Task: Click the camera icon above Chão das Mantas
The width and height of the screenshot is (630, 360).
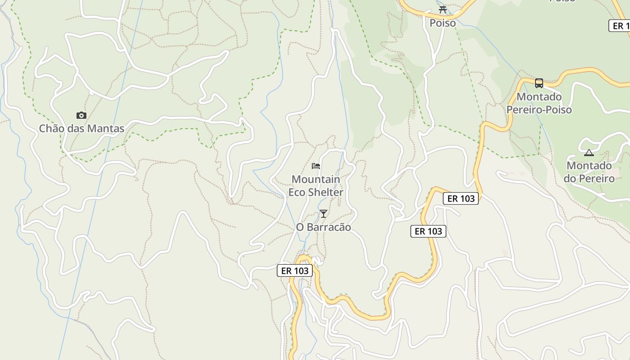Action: (81, 116)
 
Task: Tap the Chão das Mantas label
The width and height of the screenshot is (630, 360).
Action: (81, 129)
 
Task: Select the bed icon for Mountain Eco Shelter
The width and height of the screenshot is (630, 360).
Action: (316, 166)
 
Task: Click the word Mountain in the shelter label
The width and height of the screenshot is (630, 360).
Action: (316, 180)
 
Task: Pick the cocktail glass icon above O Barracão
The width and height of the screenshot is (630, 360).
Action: (324, 214)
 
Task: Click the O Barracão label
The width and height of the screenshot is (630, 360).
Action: (324, 227)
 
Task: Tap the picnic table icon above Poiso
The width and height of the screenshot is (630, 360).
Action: (443, 9)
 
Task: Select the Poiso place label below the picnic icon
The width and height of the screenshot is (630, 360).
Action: (443, 23)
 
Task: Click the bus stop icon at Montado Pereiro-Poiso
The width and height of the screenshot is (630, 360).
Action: (539, 83)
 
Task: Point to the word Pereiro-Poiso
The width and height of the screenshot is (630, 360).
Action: (539, 110)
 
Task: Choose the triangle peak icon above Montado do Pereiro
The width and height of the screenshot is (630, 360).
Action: (589, 153)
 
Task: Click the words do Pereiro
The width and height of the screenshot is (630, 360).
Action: (589, 179)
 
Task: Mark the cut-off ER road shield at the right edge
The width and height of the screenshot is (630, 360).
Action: (620, 26)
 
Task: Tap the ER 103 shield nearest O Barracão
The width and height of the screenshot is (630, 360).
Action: (295, 270)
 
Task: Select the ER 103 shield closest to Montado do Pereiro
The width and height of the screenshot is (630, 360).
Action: (461, 198)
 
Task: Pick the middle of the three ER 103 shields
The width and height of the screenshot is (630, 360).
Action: (428, 231)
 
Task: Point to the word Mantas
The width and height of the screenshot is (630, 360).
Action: (107, 129)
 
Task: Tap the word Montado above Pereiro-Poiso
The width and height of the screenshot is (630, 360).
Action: (539, 97)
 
